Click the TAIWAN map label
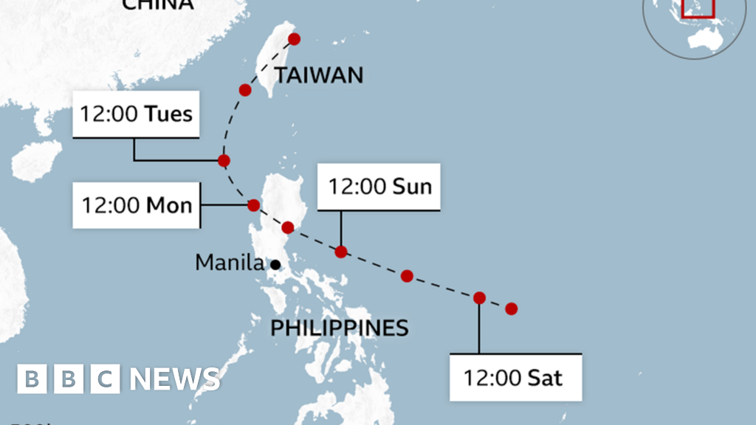tap(318, 75)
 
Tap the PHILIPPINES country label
tap(339, 327)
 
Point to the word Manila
tap(229, 262)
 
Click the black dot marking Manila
tap(275, 264)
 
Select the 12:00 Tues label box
tap(137, 114)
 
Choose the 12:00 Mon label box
tap(137, 204)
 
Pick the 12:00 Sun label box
tap(379, 186)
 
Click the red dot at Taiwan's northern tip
tap(294, 38)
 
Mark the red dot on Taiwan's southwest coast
tap(246, 90)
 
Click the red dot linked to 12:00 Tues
tap(224, 160)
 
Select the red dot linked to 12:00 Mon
tap(253, 205)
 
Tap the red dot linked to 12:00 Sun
tap(340, 252)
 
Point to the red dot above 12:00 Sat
tap(479, 298)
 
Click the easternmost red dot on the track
tap(511, 308)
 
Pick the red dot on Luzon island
tap(288, 227)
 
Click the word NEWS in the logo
tap(175, 379)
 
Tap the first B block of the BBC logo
tap(31, 379)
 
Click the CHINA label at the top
tap(157, 4)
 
